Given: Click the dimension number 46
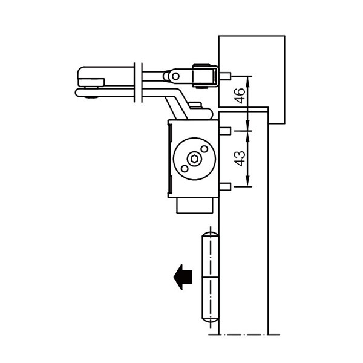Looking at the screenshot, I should pos(240,96).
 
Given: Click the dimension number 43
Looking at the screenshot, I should pos(240,158).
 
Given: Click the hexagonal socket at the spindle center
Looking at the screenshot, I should pos(194,160).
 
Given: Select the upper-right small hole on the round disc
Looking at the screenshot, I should pos(204,149).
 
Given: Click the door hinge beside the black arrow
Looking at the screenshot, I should pos(209,278).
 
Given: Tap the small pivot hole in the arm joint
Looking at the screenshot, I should pos(175,76).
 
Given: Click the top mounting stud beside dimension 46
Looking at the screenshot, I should pos(226,77).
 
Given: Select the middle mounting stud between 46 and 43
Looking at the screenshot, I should pos(224,131).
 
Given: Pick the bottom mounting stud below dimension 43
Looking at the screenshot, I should pos(224,186).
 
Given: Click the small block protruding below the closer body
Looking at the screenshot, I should pos(195,205).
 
